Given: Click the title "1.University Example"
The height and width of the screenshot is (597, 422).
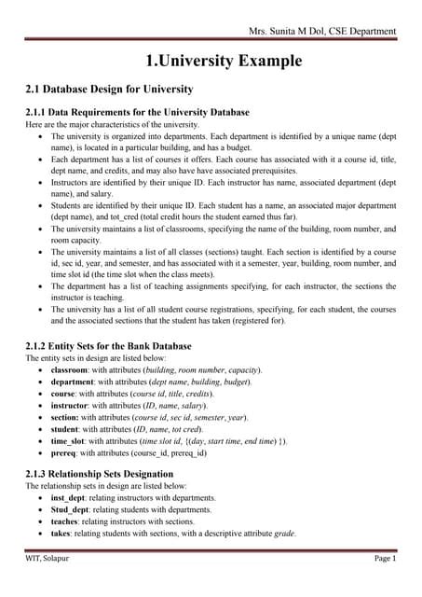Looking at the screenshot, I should point(224,62).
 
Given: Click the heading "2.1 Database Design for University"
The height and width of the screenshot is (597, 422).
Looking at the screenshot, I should point(109,90).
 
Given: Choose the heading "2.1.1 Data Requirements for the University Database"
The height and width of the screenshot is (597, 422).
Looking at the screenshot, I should point(137,112).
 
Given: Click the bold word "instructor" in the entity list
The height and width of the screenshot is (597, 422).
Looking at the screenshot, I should point(74,406).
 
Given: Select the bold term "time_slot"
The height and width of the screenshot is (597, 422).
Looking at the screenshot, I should point(72,440).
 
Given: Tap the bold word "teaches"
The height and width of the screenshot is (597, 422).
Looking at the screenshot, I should point(68,522).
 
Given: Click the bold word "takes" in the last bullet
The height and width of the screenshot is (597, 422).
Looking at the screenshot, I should point(63,535).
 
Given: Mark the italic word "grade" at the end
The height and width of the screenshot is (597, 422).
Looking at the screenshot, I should point(284,535).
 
